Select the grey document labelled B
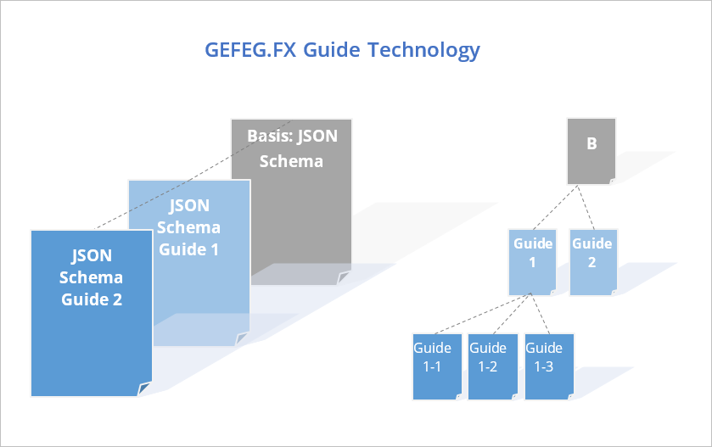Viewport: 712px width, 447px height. click(x=591, y=150)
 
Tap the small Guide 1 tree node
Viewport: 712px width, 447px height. click(x=532, y=261)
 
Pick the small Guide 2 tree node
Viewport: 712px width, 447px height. click(x=592, y=261)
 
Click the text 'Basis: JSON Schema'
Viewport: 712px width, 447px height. click(x=291, y=148)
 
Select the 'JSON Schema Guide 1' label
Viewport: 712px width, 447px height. click(x=188, y=227)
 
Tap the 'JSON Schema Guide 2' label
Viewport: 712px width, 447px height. click(x=91, y=277)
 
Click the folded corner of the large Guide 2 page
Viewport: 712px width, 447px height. click(x=145, y=388)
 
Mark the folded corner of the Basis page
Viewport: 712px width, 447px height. click(x=344, y=277)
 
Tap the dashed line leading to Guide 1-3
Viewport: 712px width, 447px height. click(x=541, y=315)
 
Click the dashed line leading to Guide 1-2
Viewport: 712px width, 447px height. click(x=512, y=315)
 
